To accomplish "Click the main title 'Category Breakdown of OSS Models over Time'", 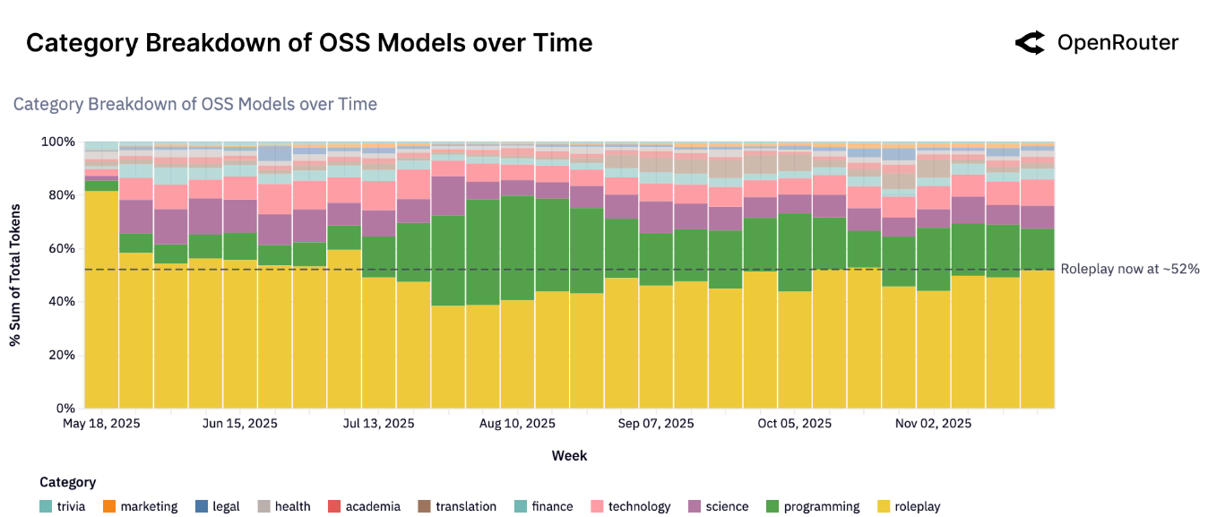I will [309, 43].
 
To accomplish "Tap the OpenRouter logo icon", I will [1030, 43].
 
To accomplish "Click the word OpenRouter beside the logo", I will [1117, 43].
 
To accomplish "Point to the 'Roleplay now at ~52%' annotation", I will [1129, 269].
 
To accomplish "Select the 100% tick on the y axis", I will [59, 142].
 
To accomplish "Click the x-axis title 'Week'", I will [569, 455].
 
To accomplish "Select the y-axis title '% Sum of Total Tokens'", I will [15, 275].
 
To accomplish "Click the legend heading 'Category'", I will [67, 482].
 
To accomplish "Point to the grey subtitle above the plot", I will [195, 104].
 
